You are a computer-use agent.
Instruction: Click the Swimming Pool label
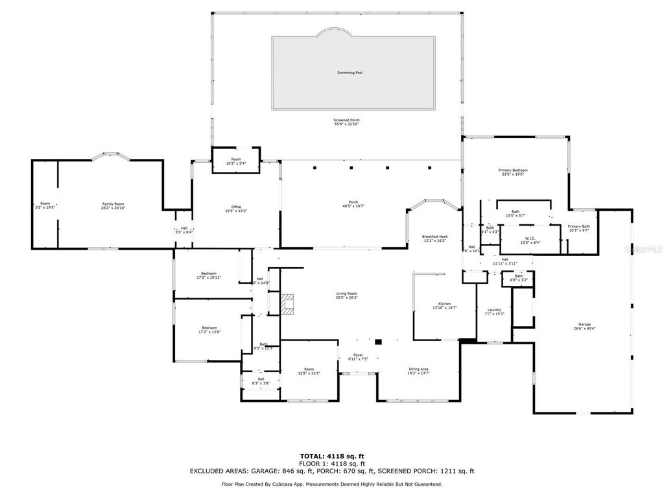pyautogui.click(x=350, y=73)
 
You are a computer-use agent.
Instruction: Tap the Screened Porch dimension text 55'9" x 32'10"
pyautogui.click(x=346, y=124)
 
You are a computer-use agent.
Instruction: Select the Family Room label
pyautogui.click(x=112, y=204)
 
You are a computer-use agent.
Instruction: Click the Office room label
pyautogui.click(x=236, y=207)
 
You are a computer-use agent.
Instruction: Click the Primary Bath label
pyautogui.click(x=578, y=226)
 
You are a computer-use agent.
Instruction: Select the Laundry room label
pyautogui.click(x=495, y=310)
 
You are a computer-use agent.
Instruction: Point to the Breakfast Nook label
pyautogui.click(x=435, y=237)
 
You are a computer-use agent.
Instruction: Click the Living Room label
pyautogui.click(x=346, y=294)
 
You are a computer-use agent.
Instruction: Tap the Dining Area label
pyautogui.click(x=418, y=369)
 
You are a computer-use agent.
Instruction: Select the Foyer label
pyautogui.click(x=358, y=355)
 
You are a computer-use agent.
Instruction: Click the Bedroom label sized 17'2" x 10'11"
pyautogui.click(x=209, y=273)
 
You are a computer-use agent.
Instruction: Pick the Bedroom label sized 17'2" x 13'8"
pyautogui.click(x=209, y=328)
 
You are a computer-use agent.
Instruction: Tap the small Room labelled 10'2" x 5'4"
pyautogui.click(x=236, y=160)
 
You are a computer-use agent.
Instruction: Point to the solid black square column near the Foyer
pyautogui.click(x=379, y=342)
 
